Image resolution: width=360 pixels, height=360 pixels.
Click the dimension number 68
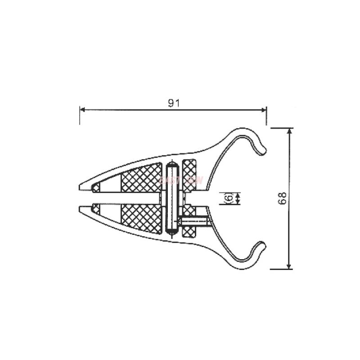pos(282,198)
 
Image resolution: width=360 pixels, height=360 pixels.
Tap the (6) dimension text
pos(228,198)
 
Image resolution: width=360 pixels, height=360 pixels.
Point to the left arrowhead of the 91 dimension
pos(82,109)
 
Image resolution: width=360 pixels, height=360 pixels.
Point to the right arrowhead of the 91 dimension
pos(264,109)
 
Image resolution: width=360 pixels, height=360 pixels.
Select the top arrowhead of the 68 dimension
pos(289,131)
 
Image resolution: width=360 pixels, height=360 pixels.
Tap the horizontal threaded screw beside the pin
pos(194,221)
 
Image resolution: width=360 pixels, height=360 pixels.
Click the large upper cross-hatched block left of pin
pos(141,179)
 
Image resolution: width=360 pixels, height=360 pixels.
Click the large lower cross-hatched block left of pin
pos(141,218)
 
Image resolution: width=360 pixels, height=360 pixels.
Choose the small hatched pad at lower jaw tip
pos(96,209)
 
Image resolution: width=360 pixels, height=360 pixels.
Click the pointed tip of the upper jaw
pos(81,186)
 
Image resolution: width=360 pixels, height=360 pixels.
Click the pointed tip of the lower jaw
pos(81,209)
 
